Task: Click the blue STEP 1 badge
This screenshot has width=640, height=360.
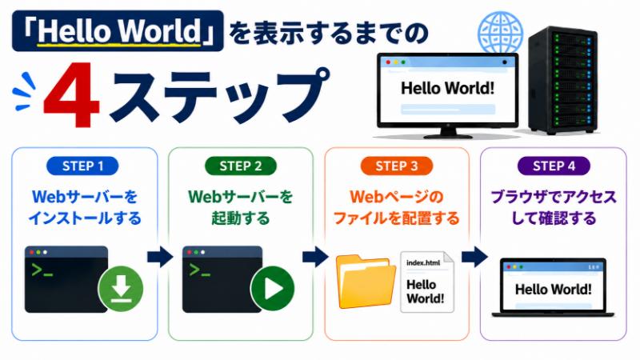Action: pos(82,166)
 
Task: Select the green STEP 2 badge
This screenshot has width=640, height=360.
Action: pos(241,166)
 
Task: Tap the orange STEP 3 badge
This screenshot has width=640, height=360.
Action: pos(396,166)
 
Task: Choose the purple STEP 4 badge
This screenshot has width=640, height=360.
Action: pos(554,166)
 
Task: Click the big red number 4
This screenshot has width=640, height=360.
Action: pos(72,94)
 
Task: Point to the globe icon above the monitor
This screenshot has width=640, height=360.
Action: pos(501,33)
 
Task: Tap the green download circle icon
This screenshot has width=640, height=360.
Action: pos(121,289)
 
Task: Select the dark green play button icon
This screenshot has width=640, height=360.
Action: pos(273,289)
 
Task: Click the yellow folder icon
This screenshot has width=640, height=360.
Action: pos(366,282)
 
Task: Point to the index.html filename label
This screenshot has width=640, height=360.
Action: pos(423,263)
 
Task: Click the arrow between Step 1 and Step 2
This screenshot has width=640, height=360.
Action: pos(160,257)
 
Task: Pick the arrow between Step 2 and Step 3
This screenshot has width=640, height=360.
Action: pos(315,257)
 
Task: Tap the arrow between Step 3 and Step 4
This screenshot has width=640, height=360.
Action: pos(474,257)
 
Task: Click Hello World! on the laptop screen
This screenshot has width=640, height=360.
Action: pos(553,290)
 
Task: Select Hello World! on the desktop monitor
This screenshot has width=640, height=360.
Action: pos(447,88)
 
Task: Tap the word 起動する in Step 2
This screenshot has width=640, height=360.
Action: pos(241,218)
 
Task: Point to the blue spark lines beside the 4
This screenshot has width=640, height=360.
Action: pos(25,91)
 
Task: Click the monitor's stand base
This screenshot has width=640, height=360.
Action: pos(448,135)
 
